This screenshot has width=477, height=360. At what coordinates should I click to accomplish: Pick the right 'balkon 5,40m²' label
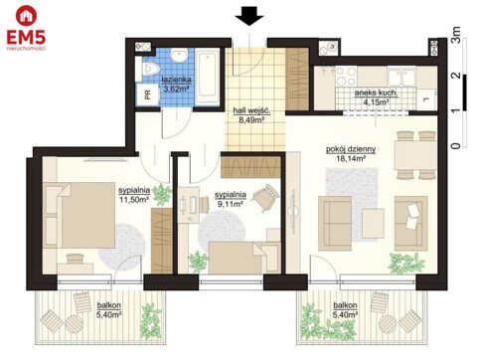(347, 310)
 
